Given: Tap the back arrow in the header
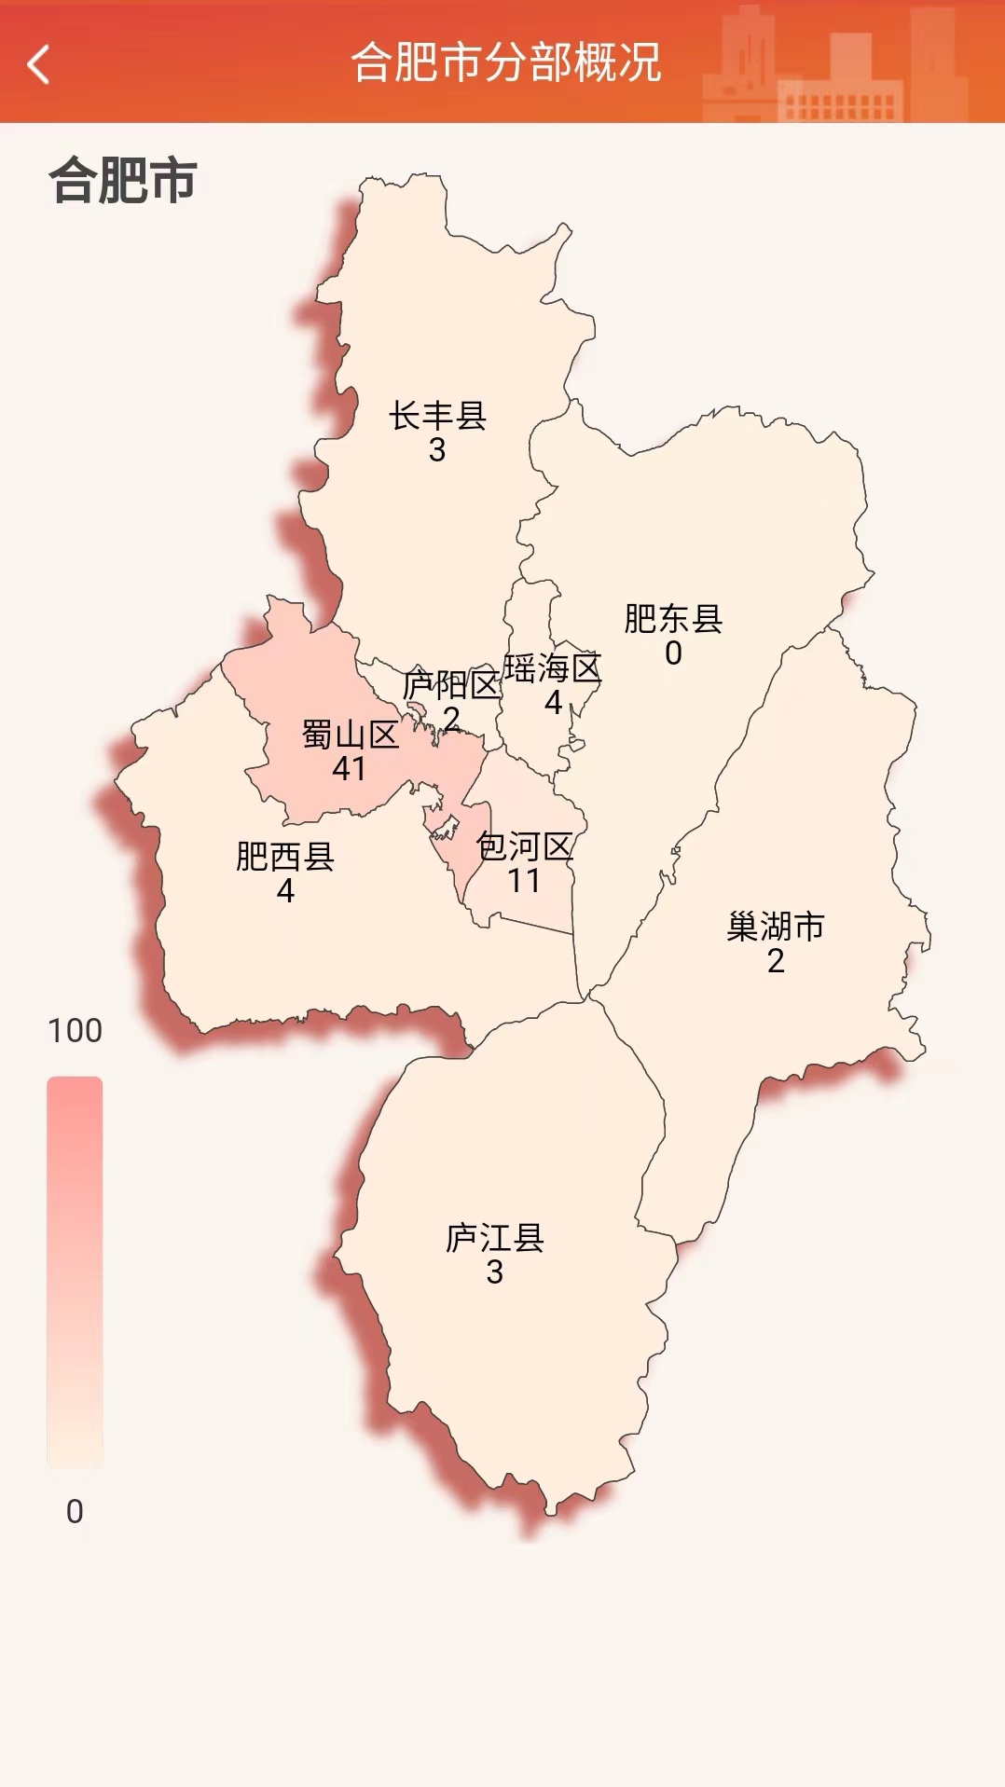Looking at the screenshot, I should (x=38, y=64).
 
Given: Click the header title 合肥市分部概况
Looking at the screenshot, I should (x=505, y=63).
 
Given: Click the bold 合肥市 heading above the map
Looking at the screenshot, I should (x=122, y=180).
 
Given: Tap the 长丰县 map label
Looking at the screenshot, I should (x=437, y=416).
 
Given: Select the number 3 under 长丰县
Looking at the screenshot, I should (x=437, y=450).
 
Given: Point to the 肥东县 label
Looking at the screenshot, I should (x=673, y=618).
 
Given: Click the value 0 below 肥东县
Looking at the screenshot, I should (x=673, y=653).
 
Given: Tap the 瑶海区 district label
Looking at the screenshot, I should (x=553, y=667).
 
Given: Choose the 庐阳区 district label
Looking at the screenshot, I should (x=451, y=685).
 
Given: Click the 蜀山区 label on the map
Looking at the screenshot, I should (x=350, y=735).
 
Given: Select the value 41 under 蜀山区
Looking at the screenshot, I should (x=350, y=769).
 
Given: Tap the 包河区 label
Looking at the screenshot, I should (x=524, y=846).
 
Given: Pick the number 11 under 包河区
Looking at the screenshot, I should (x=524, y=881).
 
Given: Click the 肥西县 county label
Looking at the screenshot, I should (x=285, y=856).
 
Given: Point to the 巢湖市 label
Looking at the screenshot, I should (x=776, y=927).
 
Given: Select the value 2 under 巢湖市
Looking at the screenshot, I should (x=776, y=961).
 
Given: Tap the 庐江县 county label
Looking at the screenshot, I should (x=495, y=1237).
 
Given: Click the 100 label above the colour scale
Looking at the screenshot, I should (x=75, y=1030).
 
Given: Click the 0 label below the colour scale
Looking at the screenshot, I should (x=75, y=1511).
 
